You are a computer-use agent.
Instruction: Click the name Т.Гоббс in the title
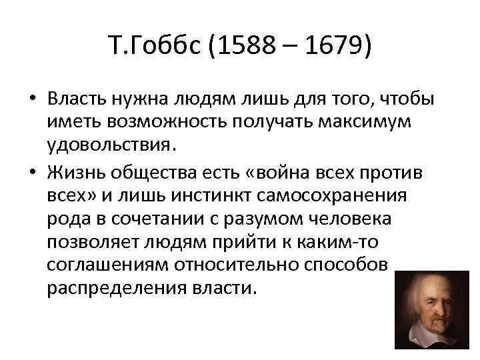(x=149, y=49)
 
